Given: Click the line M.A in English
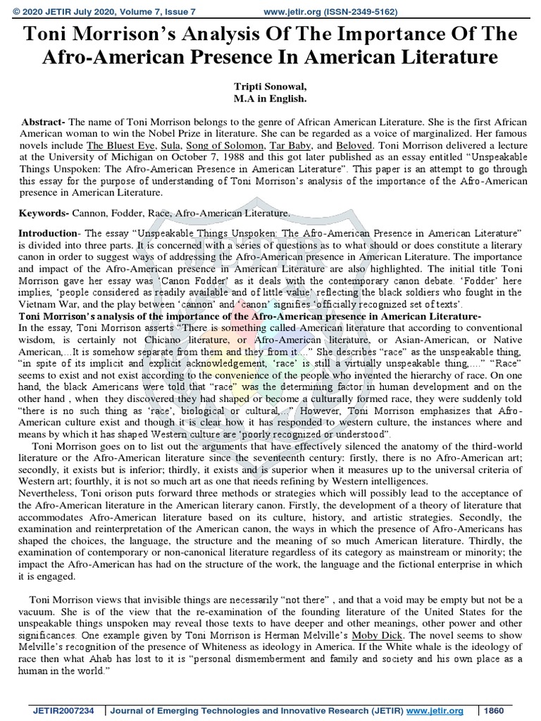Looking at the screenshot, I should tap(270, 97).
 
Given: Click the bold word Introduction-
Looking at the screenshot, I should tap(48, 232).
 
